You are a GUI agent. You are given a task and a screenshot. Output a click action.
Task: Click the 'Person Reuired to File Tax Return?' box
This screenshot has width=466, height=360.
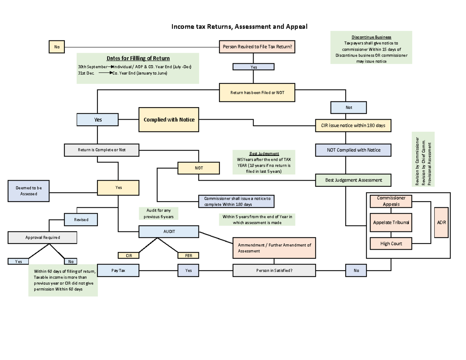tap(256, 47)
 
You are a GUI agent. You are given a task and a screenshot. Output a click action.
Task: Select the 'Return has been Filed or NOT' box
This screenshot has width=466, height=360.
tap(257, 92)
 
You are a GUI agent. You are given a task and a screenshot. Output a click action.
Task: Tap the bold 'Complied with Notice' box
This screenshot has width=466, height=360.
tap(169, 120)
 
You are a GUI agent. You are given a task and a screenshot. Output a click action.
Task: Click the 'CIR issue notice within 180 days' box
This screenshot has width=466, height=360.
tap(353, 125)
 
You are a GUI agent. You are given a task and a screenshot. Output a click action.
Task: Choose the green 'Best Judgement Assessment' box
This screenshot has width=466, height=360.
tap(353, 180)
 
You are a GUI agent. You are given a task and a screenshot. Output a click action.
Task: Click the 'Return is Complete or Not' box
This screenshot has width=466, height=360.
tap(102, 150)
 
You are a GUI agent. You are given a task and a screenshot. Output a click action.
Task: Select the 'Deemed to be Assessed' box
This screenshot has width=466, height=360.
tap(28, 191)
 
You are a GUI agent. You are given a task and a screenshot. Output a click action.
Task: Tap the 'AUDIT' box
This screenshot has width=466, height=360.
tap(169, 231)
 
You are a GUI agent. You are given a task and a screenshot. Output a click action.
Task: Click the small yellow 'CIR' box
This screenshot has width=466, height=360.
tap(129, 256)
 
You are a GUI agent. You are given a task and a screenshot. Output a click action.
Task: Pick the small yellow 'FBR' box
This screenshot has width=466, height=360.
tap(188, 256)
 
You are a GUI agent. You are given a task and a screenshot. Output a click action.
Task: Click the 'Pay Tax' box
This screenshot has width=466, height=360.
tap(118, 270)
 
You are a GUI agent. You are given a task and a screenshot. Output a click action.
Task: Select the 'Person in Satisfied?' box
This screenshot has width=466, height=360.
tap(274, 270)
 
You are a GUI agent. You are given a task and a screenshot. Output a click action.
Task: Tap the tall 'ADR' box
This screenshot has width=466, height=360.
tap(441, 223)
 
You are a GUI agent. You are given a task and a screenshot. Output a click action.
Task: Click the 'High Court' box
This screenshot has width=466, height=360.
tap(391, 243)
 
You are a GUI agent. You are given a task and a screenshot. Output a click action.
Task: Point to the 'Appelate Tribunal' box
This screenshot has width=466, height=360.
tap(391, 223)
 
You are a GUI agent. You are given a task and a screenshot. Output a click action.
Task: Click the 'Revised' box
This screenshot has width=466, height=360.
tap(81, 220)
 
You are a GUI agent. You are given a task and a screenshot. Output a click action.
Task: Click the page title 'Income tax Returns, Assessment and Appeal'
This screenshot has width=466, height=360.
tap(240, 27)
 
